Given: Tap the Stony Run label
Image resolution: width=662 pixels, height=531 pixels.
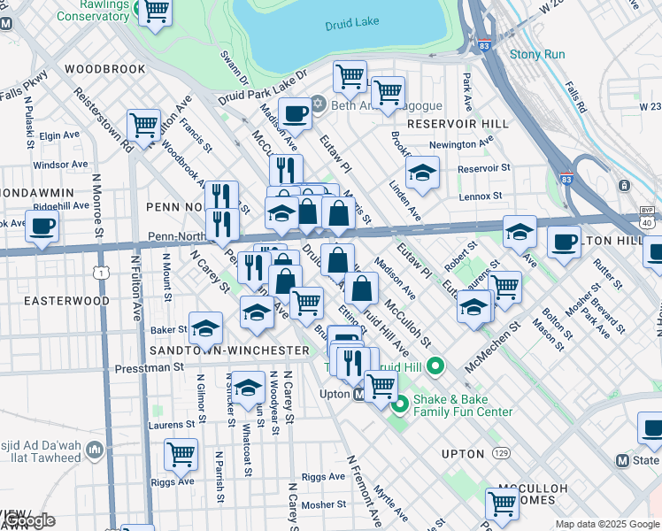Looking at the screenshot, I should click(536, 54).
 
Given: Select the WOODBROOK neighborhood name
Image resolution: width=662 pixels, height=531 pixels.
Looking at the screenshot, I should click(104, 68).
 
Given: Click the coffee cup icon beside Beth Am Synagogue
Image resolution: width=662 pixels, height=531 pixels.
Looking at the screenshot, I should click(295, 113).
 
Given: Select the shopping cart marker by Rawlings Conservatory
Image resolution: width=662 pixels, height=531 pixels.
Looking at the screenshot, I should click(156, 12).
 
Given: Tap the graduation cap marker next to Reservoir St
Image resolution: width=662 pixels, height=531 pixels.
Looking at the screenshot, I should click(423, 172).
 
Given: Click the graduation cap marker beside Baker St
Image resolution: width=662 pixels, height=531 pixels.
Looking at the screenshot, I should click(205, 329).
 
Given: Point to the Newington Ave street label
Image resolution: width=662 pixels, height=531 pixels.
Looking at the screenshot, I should click(460, 144).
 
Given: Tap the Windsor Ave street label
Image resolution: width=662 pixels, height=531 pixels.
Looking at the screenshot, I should click(60, 165).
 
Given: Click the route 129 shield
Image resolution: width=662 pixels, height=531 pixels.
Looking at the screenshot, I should click(502, 453).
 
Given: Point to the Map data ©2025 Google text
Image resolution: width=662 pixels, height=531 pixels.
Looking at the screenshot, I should click(606, 524).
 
